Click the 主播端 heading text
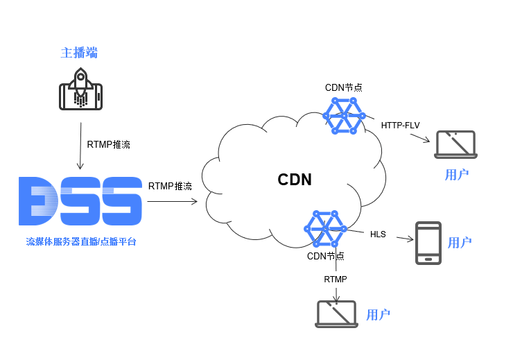(79, 53)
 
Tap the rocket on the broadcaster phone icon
(80, 87)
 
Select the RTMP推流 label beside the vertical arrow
(109, 144)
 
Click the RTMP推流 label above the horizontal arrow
(170, 186)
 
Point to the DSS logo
(80, 201)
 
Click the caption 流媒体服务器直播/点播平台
(81, 242)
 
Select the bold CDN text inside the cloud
(295, 180)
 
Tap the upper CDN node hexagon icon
(344, 116)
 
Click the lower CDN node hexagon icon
(325, 229)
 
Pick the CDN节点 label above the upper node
(344, 87)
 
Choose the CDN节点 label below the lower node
(326, 256)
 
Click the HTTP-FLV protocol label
(400, 126)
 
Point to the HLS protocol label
(378, 234)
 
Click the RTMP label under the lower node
(336, 279)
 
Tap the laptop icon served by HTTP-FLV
(455, 145)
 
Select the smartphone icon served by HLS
(428, 243)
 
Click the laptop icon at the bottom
(336, 314)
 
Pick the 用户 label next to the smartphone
(460, 243)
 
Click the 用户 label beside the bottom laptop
(379, 315)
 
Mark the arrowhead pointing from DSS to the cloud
(195, 201)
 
